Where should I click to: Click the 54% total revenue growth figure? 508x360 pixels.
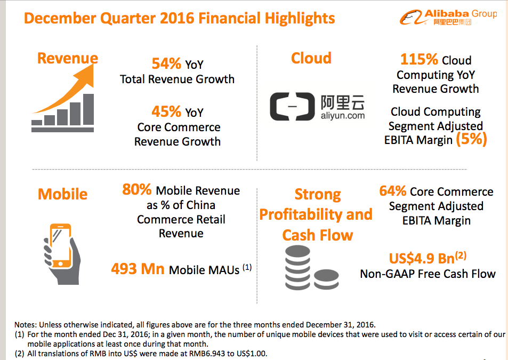[x=166, y=63]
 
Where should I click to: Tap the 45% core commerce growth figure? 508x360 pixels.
[x=166, y=111]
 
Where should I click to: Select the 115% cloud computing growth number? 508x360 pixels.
[x=419, y=59]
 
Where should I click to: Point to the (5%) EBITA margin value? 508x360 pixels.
[x=471, y=139]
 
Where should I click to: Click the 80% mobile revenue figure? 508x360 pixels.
[x=136, y=189]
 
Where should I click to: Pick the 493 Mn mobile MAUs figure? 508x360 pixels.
[x=138, y=269]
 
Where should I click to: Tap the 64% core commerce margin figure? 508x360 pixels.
[x=393, y=191]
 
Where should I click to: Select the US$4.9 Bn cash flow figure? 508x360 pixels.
[x=428, y=258]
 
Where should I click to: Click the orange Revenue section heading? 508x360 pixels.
[x=67, y=58]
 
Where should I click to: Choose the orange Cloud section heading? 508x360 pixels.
[x=311, y=58]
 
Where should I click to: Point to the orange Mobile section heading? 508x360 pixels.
[x=62, y=194]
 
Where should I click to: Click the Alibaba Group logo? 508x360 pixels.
[x=448, y=17]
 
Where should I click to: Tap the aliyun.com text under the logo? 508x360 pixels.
[x=343, y=115]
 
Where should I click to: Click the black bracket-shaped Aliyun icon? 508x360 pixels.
[x=292, y=106]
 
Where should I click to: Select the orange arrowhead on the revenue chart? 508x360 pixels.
[x=85, y=75]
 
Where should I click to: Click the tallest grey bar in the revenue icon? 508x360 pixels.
[x=88, y=109]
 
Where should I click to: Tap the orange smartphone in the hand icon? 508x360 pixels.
[x=61, y=246]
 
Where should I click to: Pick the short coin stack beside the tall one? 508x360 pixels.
[x=326, y=279]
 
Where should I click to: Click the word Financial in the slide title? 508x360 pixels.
[x=229, y=18]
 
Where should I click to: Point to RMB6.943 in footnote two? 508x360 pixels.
[x=207, y=354]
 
